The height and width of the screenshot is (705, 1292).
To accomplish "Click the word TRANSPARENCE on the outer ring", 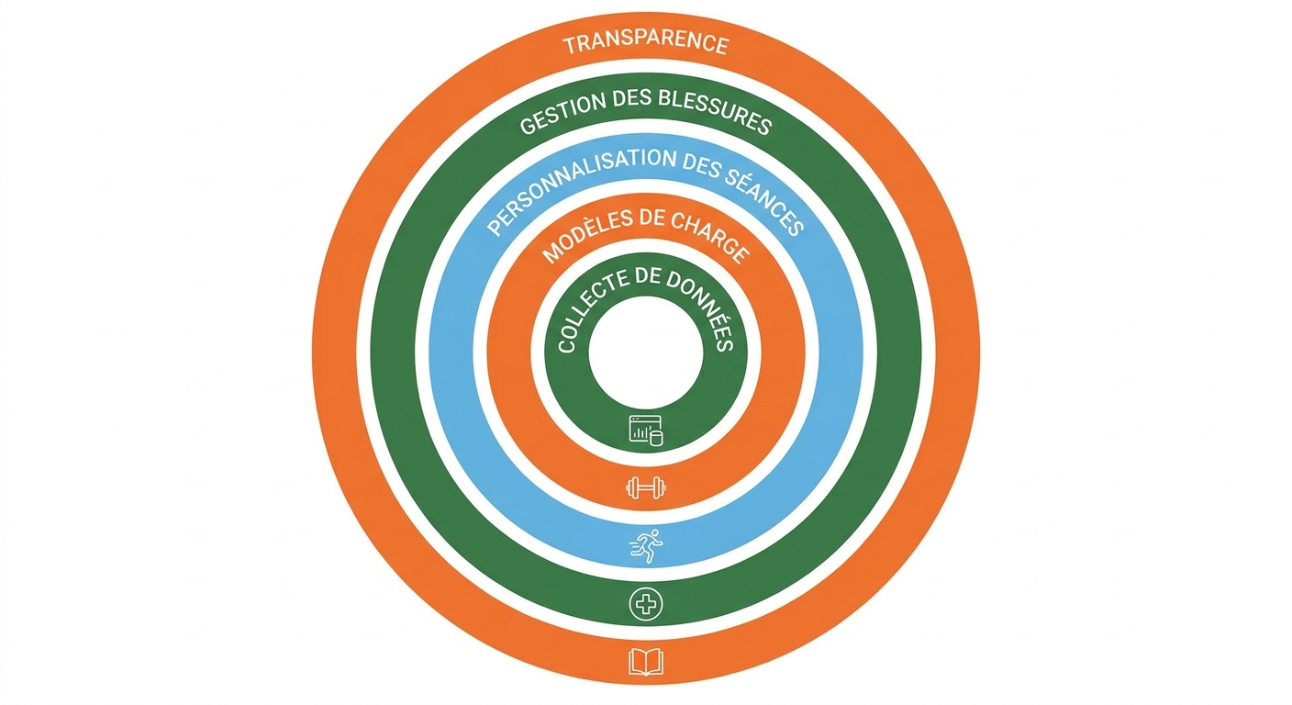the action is tap(646, 44).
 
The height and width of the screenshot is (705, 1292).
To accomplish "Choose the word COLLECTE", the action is tap(590, 308).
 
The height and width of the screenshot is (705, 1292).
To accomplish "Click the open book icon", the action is tap(646, 662).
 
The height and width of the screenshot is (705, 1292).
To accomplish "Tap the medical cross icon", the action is tap(646, 604).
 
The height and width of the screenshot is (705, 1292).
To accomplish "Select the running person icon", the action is tap(646, 546).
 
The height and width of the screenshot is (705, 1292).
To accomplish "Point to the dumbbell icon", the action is tap(646, 488).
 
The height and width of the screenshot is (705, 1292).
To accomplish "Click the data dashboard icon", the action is tap(646, 431).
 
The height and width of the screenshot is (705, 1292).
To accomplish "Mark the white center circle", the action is tap(646, 352).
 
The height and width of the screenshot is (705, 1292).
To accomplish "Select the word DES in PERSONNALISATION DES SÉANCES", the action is tap(700, 163).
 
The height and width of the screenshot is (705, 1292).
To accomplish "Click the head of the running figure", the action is tap(654, 532).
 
